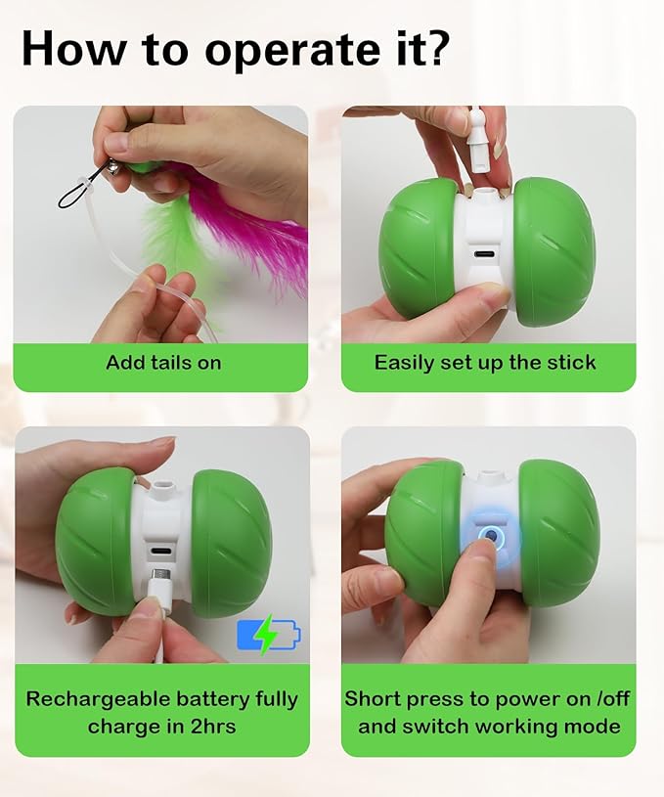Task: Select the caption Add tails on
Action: pos(163,363)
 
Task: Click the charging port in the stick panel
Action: pos(483,253)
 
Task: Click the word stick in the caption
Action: pos(569,363)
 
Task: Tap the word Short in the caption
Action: pos(372,700)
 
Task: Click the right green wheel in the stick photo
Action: pos(553,251)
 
